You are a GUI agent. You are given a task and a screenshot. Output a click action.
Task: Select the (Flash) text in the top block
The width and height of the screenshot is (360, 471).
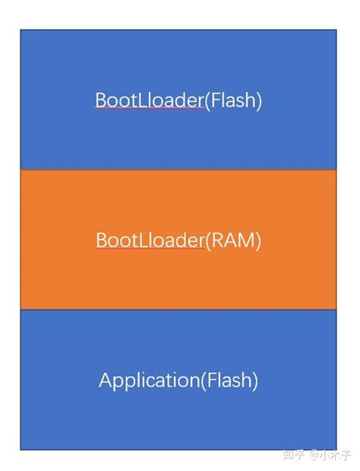click(232, 100)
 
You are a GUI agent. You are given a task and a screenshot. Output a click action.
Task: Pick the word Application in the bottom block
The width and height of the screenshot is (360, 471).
click(148, 380)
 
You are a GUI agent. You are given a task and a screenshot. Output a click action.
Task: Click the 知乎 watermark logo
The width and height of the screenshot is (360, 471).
click(293, 454)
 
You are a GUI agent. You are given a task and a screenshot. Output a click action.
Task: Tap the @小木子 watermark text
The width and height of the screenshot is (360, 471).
click(330, 454)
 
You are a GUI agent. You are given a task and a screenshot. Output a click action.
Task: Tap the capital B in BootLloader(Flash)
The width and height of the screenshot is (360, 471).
click(100, 100)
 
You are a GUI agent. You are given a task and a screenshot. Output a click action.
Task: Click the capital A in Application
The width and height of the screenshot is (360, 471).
click(105, 380)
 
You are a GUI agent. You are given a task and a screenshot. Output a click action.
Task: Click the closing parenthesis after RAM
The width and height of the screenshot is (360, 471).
click(258, 240)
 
